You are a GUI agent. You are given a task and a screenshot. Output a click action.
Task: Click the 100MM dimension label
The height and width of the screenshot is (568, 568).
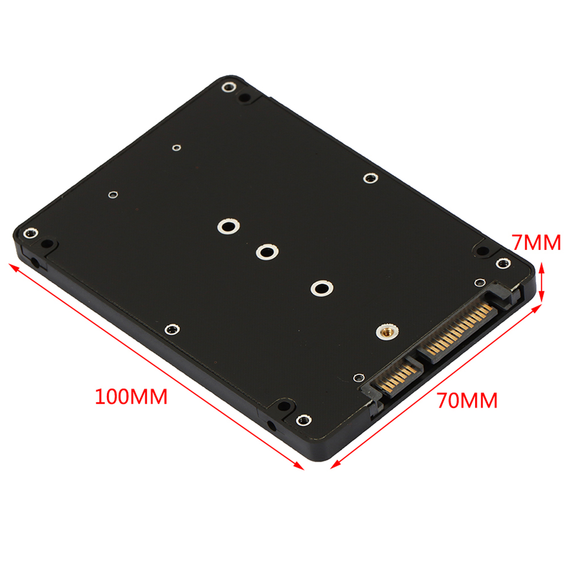(x=131, y=396)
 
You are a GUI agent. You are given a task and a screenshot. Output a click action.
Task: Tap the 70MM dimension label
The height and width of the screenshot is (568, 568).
(x=467, y=400)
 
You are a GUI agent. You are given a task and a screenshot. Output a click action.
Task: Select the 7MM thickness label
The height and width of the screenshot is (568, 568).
(x=536, y=243)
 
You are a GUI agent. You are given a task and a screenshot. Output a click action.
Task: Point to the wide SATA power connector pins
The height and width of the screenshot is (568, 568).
(x=458, y=330)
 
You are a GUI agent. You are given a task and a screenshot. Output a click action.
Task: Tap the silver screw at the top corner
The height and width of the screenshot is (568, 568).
(x=228, y=87)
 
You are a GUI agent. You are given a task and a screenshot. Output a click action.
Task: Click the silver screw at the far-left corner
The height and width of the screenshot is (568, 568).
(x=31, y=233)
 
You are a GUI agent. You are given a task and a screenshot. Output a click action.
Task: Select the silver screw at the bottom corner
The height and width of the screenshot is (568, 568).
(x=304, y=421)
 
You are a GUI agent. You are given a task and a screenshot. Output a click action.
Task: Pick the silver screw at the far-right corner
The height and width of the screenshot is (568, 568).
(x=503, y=263)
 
